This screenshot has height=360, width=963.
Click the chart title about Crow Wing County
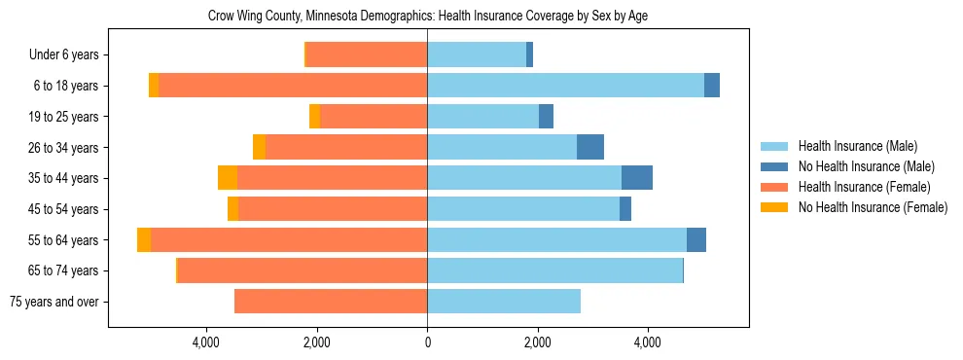[428, 17]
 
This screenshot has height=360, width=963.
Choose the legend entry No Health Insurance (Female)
[873, 207]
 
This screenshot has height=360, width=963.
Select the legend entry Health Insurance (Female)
[864, 187]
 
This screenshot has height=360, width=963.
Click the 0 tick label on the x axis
[427, 342]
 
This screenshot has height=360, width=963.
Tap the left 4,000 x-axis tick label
[207, 342]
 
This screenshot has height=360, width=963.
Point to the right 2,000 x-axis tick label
[538, 342]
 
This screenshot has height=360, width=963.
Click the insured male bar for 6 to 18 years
[565, 86]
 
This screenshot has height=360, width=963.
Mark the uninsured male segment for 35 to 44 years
[637, 178]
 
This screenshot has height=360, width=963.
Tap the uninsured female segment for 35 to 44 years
[228, 178]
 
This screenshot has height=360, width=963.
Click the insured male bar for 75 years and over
[504, 302]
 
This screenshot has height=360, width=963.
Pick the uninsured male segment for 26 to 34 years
[590, 147]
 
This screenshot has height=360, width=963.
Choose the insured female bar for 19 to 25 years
[374, 117]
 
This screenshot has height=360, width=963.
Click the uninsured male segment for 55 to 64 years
[696, 239]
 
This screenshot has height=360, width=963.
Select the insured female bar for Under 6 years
[367, 55]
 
